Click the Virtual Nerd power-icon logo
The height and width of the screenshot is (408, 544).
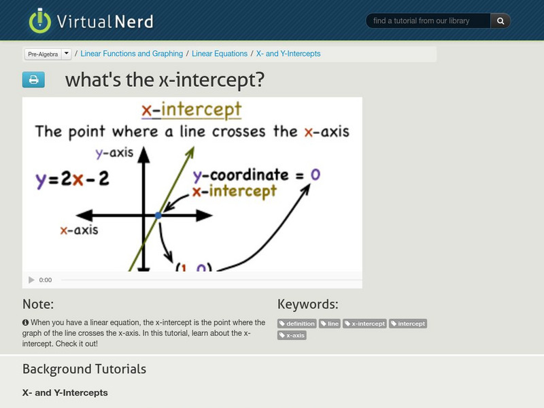pos(39,20)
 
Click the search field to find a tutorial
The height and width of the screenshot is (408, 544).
pos(428,21)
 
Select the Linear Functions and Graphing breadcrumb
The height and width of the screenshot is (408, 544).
pos(131,54)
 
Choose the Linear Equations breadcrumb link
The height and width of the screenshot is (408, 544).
pos(220,54)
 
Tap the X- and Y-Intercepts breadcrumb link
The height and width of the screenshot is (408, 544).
pos(288,54)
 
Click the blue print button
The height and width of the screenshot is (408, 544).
pos(33,80)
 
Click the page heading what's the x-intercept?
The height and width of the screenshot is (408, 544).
pos(165,80)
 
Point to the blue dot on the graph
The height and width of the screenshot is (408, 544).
pos(158,215)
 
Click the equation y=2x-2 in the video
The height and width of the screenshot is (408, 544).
pos(73,180)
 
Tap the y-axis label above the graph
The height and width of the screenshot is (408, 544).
pos(114,152)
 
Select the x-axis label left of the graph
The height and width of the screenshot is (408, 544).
pos(79,230)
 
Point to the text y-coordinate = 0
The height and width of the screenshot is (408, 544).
pos(256,175)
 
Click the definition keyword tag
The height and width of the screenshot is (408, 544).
pos(297,324)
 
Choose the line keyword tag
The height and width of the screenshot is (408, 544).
pos(330,324)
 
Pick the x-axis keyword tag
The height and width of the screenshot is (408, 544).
pos(292,335)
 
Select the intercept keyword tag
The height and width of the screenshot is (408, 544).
pos(408,324)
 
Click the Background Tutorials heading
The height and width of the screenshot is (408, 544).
pos(84,369)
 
